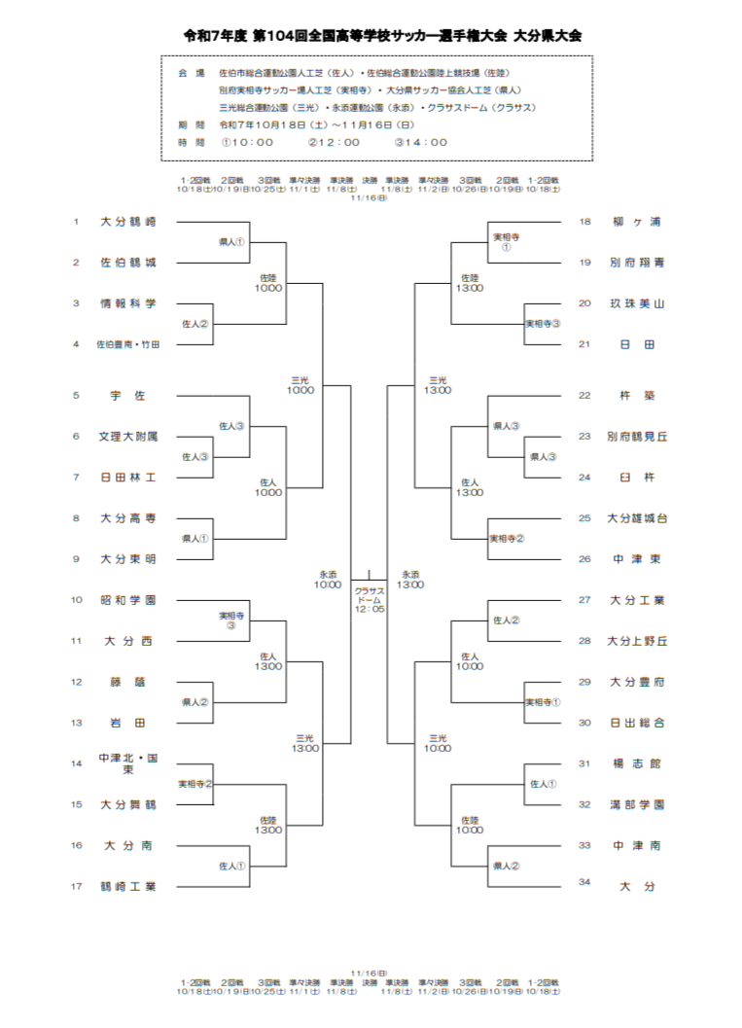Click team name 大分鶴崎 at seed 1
(x=127, y=222)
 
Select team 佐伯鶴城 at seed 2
(x=127, y=263)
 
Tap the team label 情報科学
(x=127, y=303)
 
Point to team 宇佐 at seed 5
(x=127, y=396)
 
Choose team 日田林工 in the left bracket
(x=127, y=478)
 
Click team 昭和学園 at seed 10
(x=127, y=600)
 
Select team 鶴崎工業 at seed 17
(x=127, y=886)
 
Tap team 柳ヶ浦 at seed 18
(x=637, y=222)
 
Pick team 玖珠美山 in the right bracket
(x=637, y=303)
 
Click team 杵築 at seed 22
(x=637, y=396)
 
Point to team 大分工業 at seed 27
(x=637, y=600)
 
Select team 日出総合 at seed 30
(x=637, y=723)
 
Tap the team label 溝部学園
(x=637, y=804)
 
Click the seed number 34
(x=584, y=882)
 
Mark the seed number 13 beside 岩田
(x=76, y=723)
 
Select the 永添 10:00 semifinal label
(x=328, y=580)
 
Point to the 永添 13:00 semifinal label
(x=410, y=580)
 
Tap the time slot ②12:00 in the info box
(x=334, y=142)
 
